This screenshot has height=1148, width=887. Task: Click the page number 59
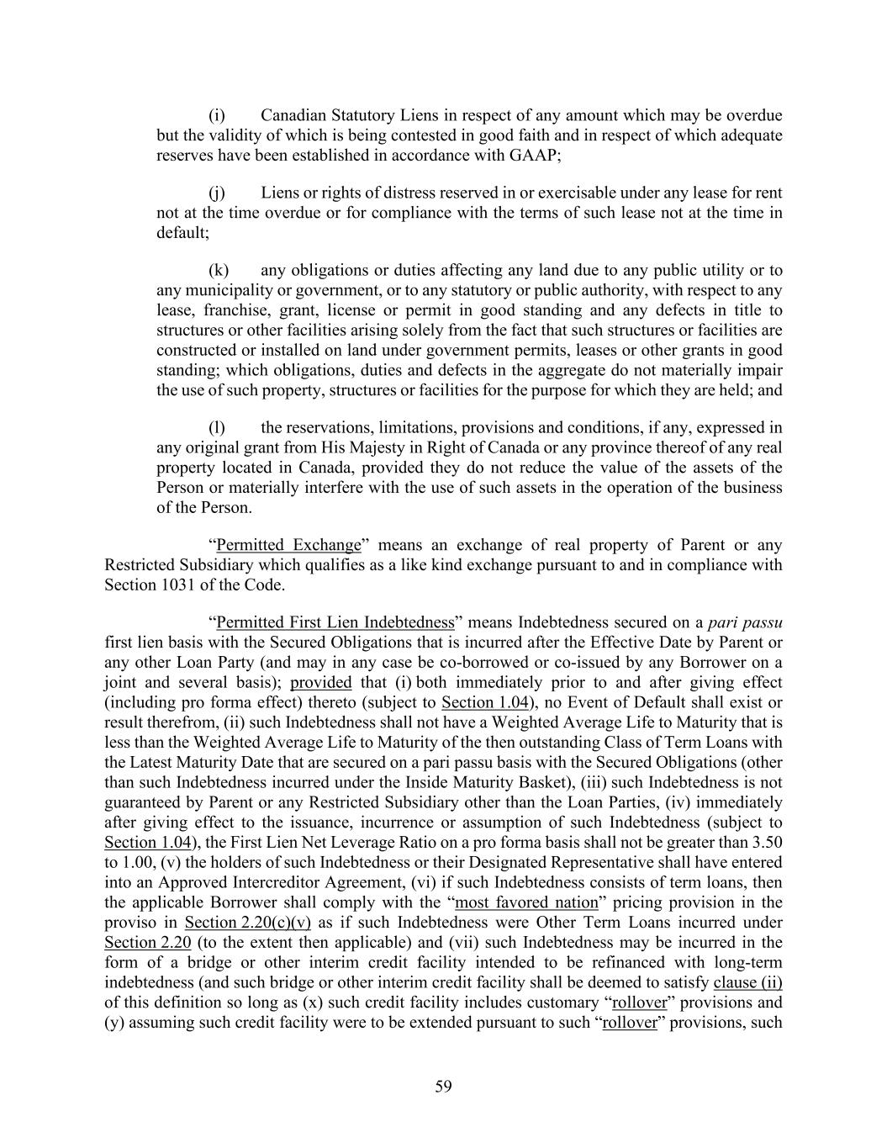[x=443, y=1087]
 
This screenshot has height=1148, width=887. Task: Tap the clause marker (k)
[x=218, y=270]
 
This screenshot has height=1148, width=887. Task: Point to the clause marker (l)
[x=216, y=427]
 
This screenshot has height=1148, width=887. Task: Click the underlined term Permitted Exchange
[x=288, y=545]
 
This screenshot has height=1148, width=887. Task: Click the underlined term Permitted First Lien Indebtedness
[x=335, y=622]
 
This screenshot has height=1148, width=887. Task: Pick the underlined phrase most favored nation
[x=526, y=902]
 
